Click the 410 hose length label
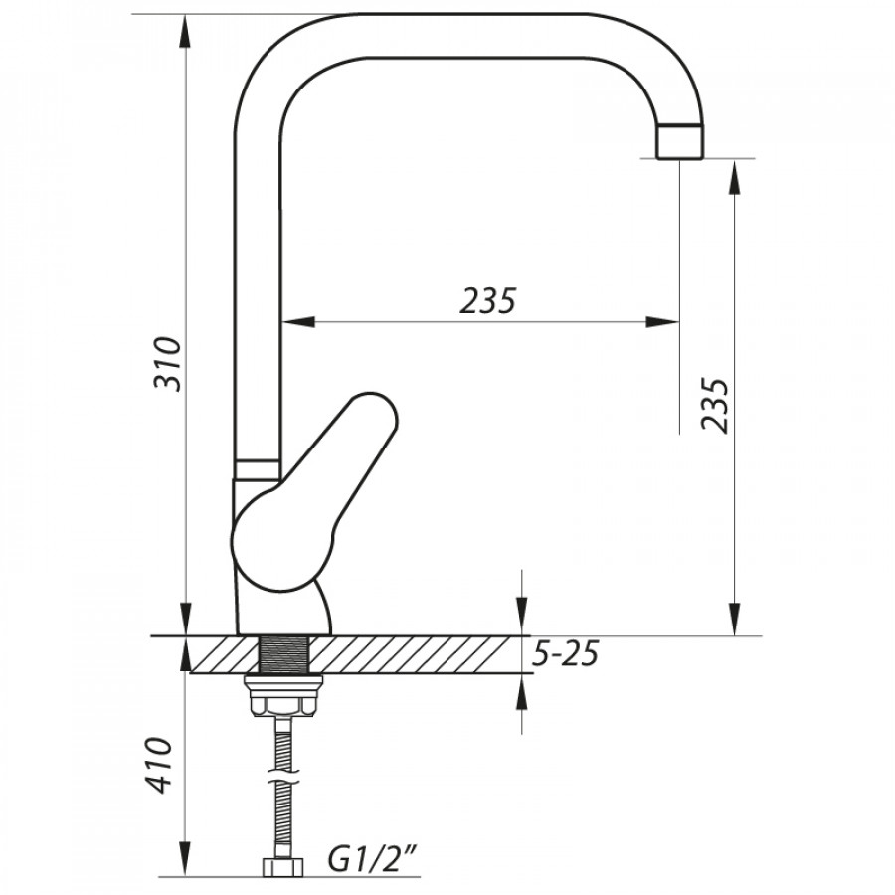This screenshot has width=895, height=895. coord(157,765)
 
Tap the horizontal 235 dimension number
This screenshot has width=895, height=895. coord(488,300)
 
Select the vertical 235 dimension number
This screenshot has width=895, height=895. coord(716,405)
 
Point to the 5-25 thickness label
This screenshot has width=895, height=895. coord(565,654)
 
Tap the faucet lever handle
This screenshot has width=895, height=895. coord(313,492)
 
